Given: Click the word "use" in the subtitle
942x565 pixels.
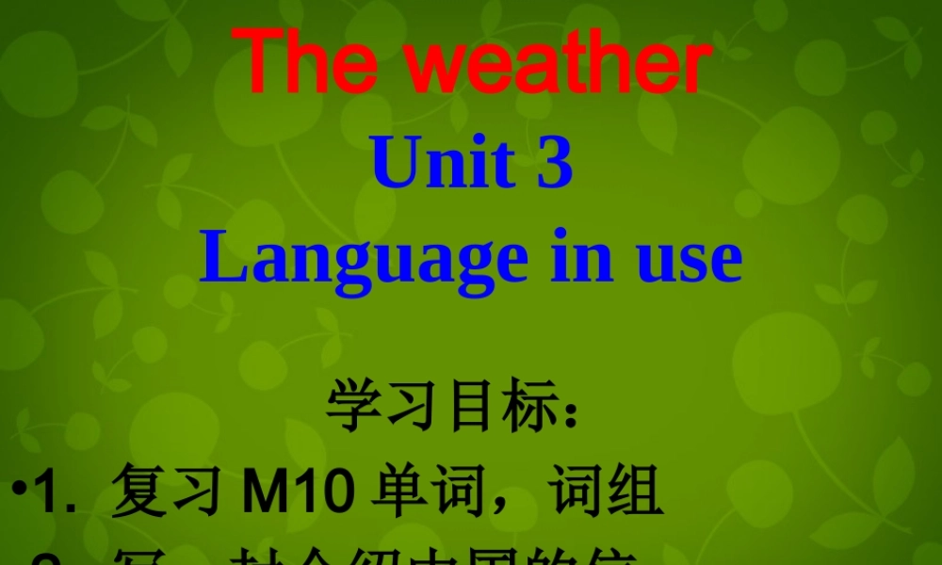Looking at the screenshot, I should pos(689,261).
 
